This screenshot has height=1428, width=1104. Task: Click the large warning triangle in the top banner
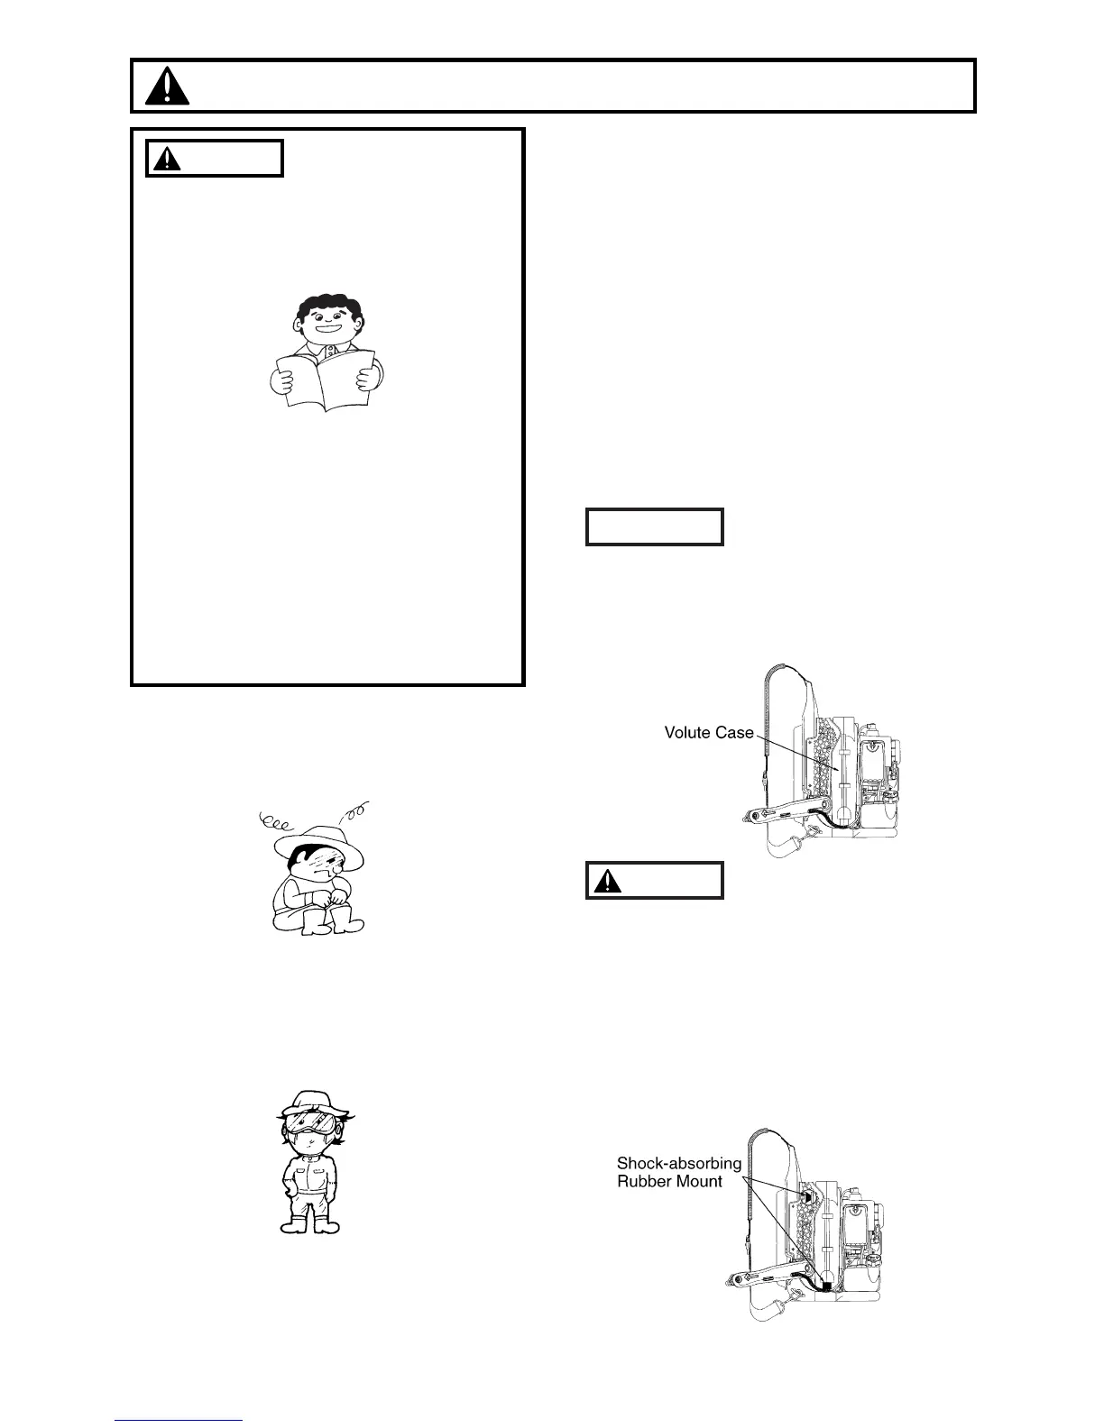[x=167, y=87]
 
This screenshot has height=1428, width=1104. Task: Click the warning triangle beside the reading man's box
[x=168, y=160]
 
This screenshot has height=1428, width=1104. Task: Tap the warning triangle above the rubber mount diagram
[x=609, y=881]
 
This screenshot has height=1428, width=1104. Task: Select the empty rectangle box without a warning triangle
[x=654, y=527]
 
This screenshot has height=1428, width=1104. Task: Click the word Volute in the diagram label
[x=687, y=732]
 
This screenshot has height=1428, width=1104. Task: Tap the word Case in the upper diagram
[x=734, y=732]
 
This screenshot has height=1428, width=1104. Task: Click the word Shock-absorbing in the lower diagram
[x=678, y=1163]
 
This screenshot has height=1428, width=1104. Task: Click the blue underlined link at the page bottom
[x=179, y=1422]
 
